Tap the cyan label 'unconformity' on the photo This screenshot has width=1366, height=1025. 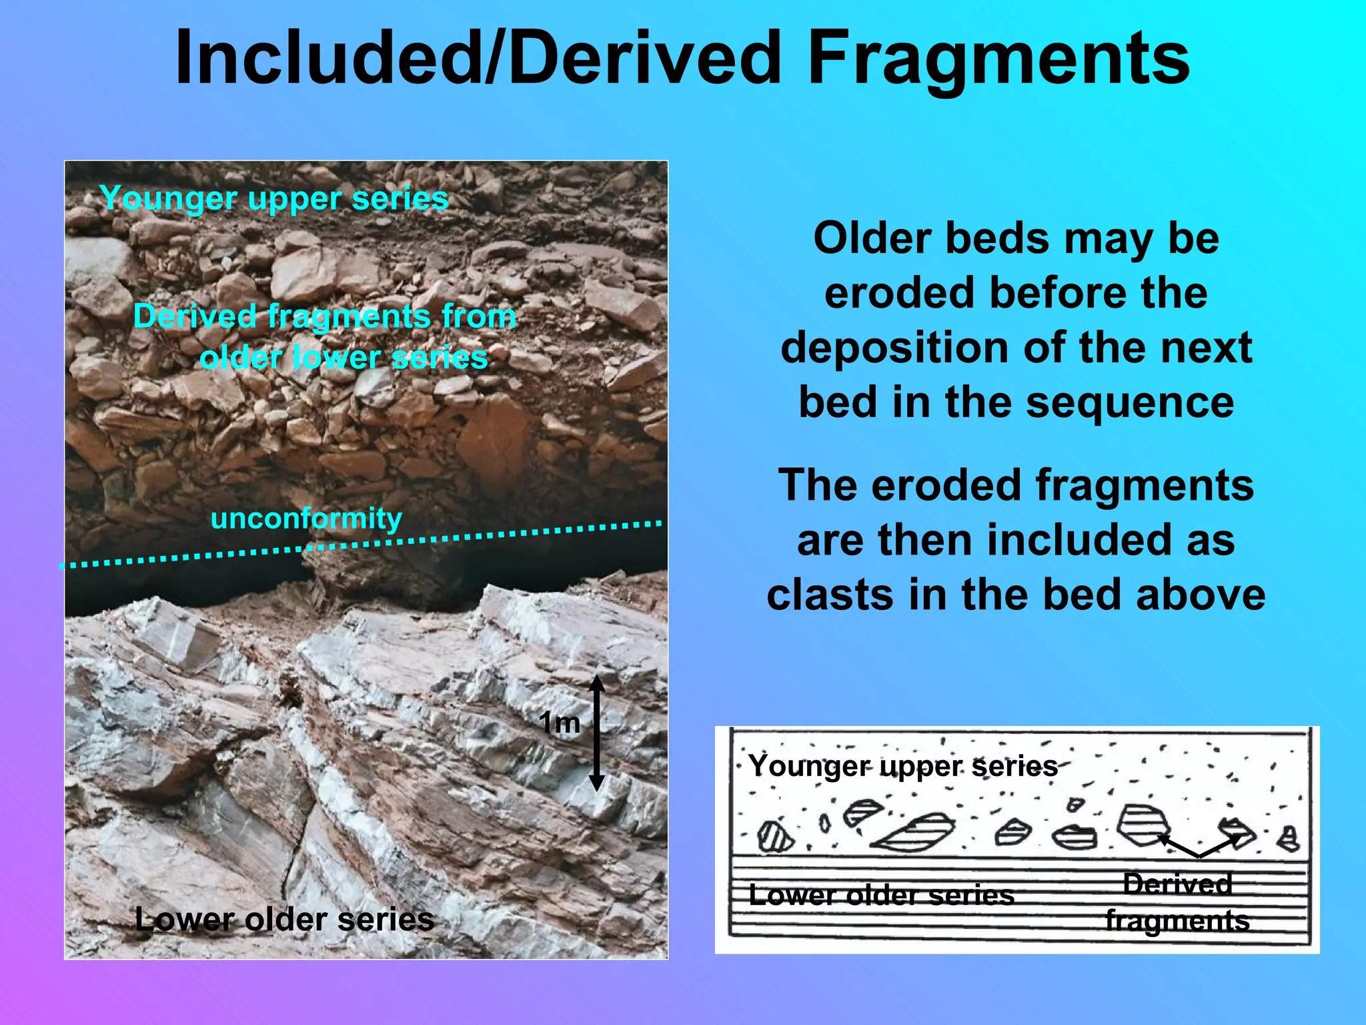click(306, 519)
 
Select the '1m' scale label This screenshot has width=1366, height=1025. click(559, 723)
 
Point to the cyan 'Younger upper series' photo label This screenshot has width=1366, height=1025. click(274, 198)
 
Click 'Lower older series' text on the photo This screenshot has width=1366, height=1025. click(285, 919)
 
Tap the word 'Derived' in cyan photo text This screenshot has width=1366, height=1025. click(195, 316)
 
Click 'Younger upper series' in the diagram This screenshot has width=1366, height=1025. click(903, 765)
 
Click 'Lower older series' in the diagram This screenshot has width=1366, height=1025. click(881, 895)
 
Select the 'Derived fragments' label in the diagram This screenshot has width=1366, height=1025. click(1177, 902)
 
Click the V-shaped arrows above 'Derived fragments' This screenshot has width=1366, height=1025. click(1199, 847)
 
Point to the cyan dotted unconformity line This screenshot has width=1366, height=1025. click(467, 536)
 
